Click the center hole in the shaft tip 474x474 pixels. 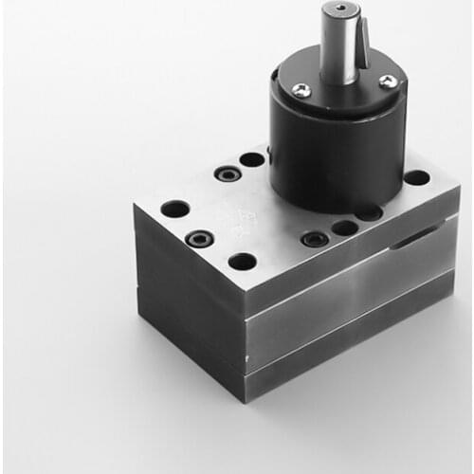click(x=340, y=10)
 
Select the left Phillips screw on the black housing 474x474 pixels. click(x=301, y=90)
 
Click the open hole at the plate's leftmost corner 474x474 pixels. click(x=174, y=209)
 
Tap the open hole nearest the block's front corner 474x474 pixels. click(x=243, y=261)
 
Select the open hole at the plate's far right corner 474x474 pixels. click(x=416, y=177)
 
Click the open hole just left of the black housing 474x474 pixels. click(x=251, y=159)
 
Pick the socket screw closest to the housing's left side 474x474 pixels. click(x=226, y=174)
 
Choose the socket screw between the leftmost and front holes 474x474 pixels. click(x=199, y=238)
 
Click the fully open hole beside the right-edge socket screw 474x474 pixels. click(x=344, y=228)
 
